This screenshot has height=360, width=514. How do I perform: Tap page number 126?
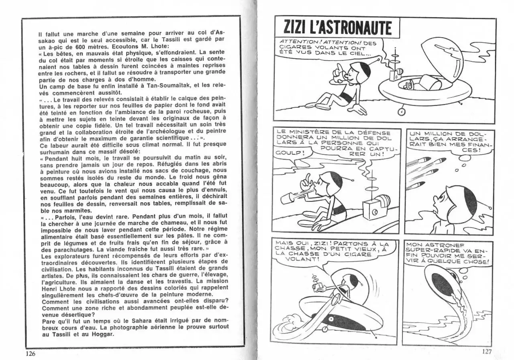coord(31,354)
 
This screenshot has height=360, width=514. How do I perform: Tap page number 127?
coord(486,352)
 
